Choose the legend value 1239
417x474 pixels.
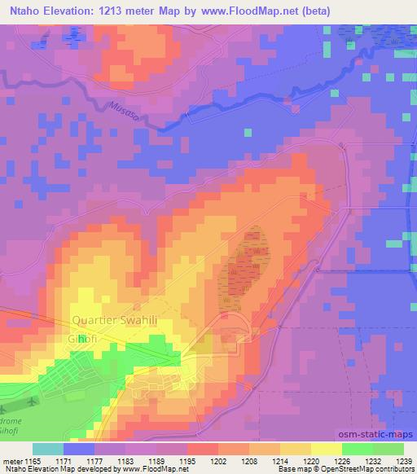tap(404, 461)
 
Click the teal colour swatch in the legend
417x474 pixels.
tap(48, 449)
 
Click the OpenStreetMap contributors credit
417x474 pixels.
tap(371, 469)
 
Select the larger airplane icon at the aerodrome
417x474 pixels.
tap(31, 402)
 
